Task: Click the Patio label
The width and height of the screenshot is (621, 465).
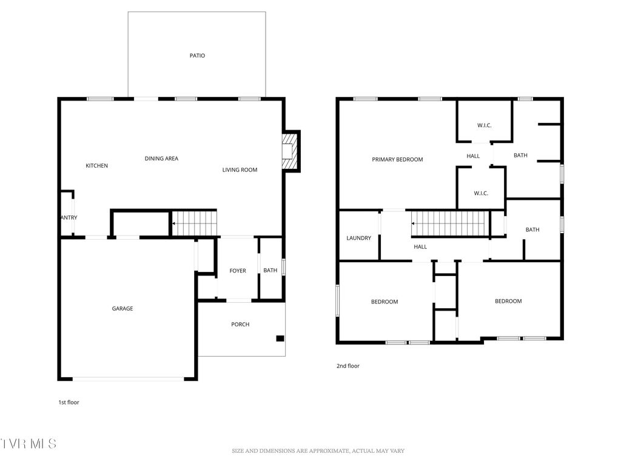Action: click(x=197, y=56)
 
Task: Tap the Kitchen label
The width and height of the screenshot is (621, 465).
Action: click(x=96, y=165)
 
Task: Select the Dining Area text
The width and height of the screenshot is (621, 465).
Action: click(x=161, y=159)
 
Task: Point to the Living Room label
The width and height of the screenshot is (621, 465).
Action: click(x=240, y=170)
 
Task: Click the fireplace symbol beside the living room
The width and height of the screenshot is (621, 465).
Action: click(x=290, y=151)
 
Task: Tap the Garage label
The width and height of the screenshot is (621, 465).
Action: click(x=122, y=309)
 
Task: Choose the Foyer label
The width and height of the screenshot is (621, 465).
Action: click(x=238, y=271)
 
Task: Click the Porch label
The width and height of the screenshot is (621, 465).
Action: click(x=240, y=325)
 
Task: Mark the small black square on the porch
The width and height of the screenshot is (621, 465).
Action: click(x=280, y=338)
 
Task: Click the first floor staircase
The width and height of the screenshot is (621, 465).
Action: click(x=195, y=223)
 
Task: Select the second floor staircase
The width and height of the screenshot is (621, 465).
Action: click(x=449, y=224)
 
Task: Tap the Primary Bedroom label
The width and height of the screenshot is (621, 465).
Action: click(x=397, y=160)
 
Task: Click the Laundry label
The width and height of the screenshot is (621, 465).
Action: click(x=358, y=238)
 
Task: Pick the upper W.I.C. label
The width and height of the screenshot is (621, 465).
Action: click(x=484, y=126)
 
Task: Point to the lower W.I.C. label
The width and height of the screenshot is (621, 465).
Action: click(x=481, y=194)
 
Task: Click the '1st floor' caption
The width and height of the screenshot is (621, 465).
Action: click(x=69, y=402)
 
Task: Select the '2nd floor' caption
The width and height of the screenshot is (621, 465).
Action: click(x=348, y=366)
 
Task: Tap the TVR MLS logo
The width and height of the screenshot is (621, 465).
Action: click(x=29, y=444)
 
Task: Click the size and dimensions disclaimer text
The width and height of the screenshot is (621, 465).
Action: click(x=318, y=451)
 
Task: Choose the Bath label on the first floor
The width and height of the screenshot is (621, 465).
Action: click(x=270, y=271)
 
